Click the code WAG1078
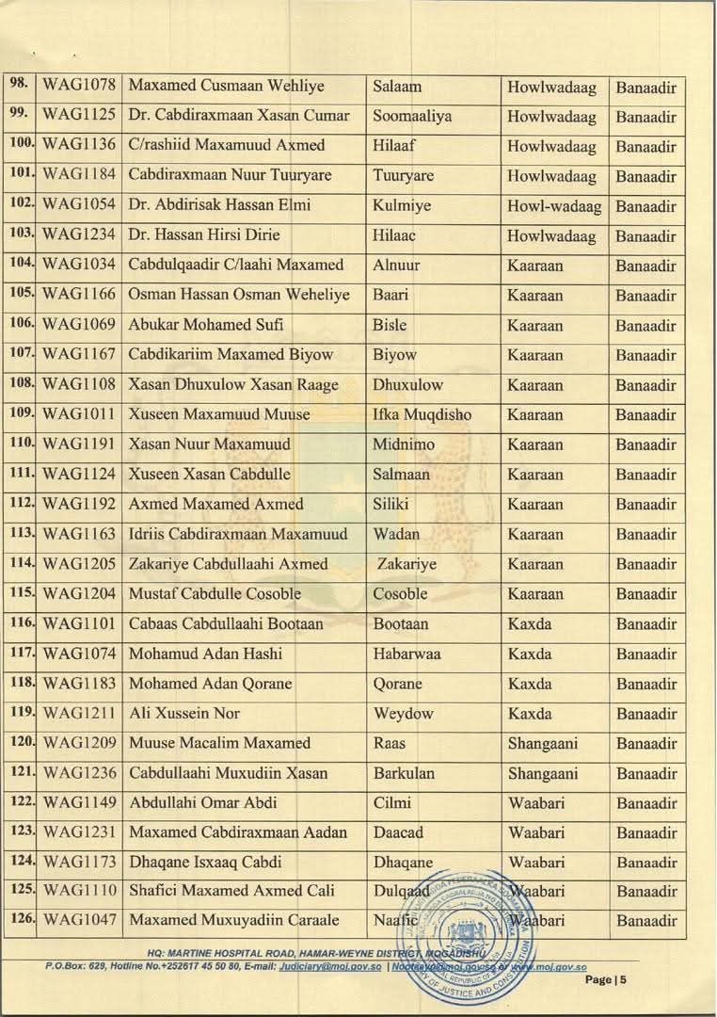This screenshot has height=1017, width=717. (x=80, y=87)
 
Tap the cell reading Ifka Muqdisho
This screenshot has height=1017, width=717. (x=422, y=414)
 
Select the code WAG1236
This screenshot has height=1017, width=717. (x=80, y=773)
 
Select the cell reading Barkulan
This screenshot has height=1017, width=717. (x=404, y=773)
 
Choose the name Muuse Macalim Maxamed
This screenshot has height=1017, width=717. (x=219, y=743)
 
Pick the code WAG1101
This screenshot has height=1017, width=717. (x=80, y=623)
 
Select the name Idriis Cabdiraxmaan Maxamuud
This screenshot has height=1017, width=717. (x=238, y=534)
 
